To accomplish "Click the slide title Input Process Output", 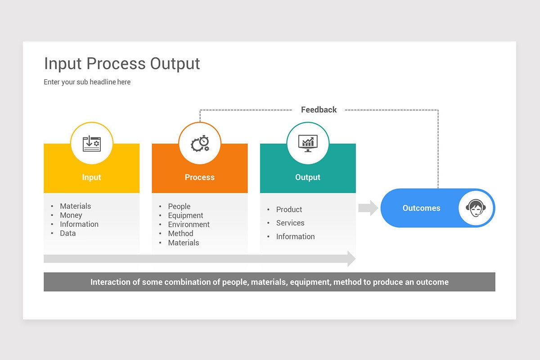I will (122, 64).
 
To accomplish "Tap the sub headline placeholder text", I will (87, 82).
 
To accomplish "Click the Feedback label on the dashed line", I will (319, 110).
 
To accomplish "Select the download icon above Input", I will (92, 144).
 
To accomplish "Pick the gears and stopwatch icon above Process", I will (200, 144).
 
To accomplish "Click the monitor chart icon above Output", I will (308, 144).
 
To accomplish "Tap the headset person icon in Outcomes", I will (476, 208).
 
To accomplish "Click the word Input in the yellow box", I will (91, 177).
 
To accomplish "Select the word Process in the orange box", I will (200, 177).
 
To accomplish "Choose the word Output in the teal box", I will (308, 177).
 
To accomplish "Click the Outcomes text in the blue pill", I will (421, 208).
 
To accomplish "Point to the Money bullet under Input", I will (71, 215).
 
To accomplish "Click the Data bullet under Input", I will (68, 233).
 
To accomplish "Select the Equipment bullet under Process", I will (185, 216).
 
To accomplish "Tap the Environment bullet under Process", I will (189, 225).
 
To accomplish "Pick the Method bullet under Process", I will (180, 234).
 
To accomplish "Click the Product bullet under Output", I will (289, 210).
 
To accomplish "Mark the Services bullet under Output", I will (290, 223).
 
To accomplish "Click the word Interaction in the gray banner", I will (115, 282).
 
